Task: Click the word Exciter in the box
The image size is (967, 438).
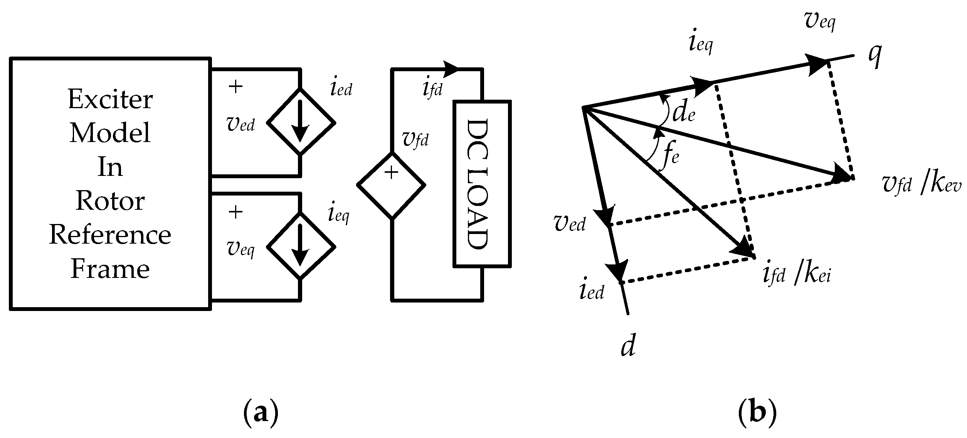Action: pyautogui.click(x=110, y=100)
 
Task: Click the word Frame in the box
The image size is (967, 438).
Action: pyautogui.click(x=110, y=269)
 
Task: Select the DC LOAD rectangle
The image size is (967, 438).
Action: pyautogui.click(x=482, y=184)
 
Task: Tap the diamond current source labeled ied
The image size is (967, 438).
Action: pyautogui.click(x=301, y=123)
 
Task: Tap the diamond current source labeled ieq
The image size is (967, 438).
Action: pyautogui.click(x=301, y=246)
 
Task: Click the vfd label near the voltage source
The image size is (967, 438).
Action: pyautogui.click(x=415, y=140)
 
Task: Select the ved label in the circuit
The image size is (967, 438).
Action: pyautogui.click(x=241, y=125)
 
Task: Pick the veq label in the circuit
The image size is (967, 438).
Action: pyautogui.click(x=241, y=250)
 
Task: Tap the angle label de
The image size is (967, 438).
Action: pyautogui.click(x=683, y=114)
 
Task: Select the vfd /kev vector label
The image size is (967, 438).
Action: pyautogui.click(x=921, y=185)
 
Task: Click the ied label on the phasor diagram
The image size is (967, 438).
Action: pyautogui.click(x=592, y=292)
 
